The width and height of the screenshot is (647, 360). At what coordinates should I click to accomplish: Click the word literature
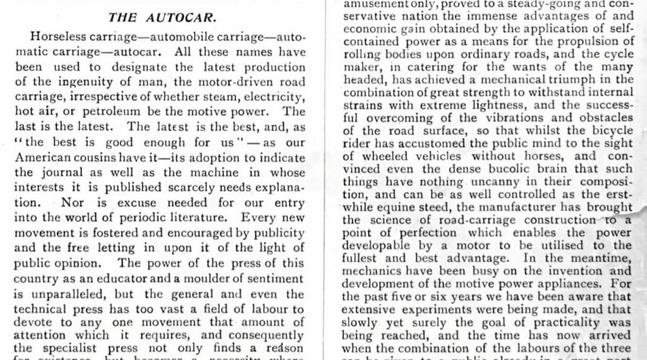click(x=197, y=218)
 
